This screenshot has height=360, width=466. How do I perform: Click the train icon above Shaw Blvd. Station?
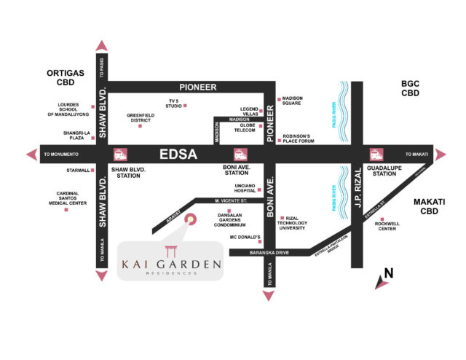[118, 154]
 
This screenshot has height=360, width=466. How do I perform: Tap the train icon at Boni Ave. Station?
[238, 154]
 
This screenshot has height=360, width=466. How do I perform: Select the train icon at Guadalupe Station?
[376, 154]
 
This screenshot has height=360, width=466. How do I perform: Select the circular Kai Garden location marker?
[191, 217]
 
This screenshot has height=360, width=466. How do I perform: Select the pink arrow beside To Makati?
[438, 154]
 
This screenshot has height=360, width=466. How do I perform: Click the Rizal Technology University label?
[298, 222]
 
